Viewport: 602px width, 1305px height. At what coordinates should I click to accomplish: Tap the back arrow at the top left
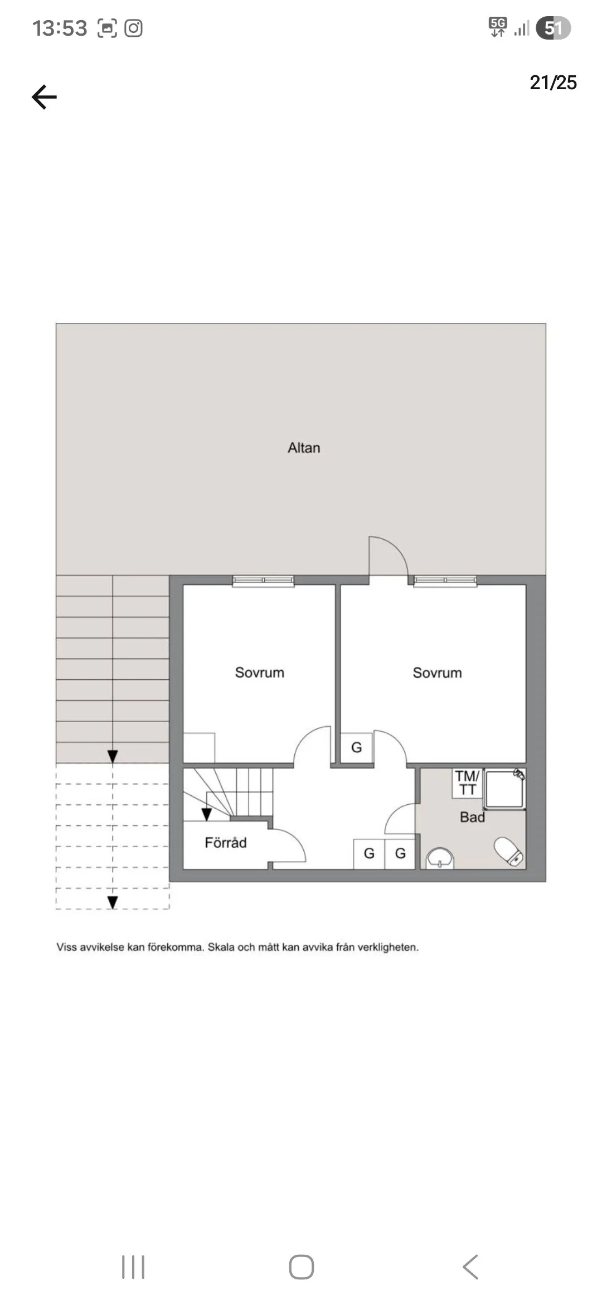click(x=45, y=98)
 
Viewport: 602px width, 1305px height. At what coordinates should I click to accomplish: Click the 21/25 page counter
click(x=553, y=83)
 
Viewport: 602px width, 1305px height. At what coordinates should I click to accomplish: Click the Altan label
click(x=304, y=448)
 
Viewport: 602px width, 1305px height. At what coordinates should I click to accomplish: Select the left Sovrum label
click(x=259, y=673)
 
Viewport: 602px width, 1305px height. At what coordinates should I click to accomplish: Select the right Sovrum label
click(x=437, y=673)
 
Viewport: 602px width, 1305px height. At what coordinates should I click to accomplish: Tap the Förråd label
click(x=225, y=843)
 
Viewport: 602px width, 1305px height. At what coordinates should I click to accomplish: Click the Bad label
click(x=472, y=817)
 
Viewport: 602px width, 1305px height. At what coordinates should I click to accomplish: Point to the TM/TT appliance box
click(x=467, y=782)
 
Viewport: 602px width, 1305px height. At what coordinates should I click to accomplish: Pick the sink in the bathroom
click(x=440, y=858)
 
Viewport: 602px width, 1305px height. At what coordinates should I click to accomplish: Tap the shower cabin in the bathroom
click(x=504, y=789)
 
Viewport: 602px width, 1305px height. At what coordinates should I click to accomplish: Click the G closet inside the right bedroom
click(x=357, y=747)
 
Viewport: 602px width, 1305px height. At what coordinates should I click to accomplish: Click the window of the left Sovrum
click(x=263, y=581)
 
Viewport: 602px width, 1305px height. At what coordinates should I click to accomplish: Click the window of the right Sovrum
click(x=445, y=581)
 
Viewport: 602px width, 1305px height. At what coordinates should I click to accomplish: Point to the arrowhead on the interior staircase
click(x=206, y=815)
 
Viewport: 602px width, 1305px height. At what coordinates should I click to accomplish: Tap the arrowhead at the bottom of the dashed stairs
click(x=113, y=902)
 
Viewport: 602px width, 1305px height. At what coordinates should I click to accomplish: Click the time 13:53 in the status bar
click(x=60, y=28)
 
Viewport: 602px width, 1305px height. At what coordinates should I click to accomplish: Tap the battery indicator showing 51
click(x=553, y=28)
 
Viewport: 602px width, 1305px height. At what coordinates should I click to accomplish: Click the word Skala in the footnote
click(x=221, y=947)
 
